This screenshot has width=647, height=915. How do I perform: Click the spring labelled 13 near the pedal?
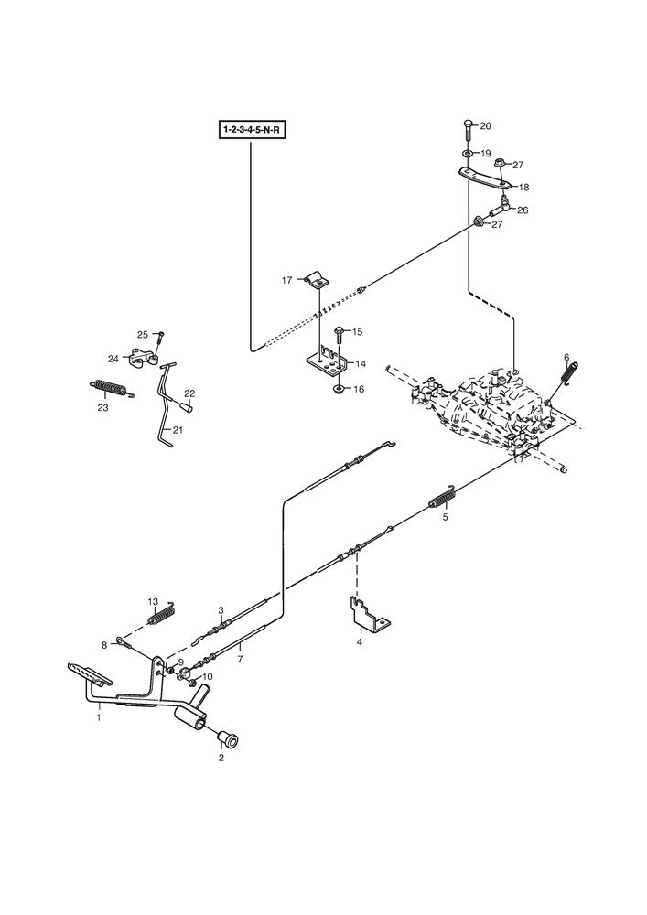click(163, 616)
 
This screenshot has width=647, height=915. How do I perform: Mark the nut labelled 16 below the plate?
click(339, 389)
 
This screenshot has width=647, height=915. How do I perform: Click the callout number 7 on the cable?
click(240, 657)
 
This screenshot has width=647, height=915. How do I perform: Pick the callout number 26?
click(523, 210)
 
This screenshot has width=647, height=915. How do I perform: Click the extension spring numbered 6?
click(568, 376)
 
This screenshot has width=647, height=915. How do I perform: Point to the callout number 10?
click(208, 676)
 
